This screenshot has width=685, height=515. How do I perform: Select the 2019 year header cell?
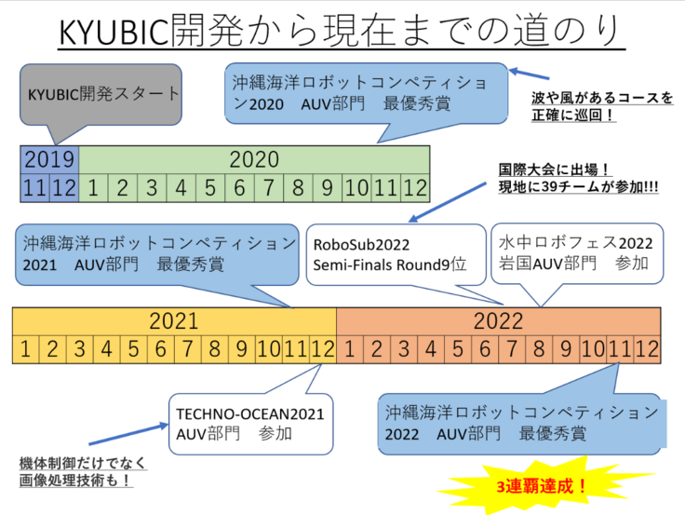(49, 159)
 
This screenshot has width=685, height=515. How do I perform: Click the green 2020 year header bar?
(254, 159)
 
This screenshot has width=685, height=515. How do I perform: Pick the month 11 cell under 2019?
(34, 186)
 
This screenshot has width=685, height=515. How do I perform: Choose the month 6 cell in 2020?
(238, 186)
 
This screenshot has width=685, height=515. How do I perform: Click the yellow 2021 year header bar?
(174, 322)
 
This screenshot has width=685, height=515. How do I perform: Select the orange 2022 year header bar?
(498, 322)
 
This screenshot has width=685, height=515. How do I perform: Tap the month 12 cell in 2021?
(322, 350)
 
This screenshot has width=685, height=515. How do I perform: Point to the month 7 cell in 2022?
(511, 350)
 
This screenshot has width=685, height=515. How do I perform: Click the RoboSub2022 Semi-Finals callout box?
(396, 253)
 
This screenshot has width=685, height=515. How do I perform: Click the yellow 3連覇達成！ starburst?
(540, 486)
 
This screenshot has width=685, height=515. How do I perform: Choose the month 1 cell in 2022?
(349, 350)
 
